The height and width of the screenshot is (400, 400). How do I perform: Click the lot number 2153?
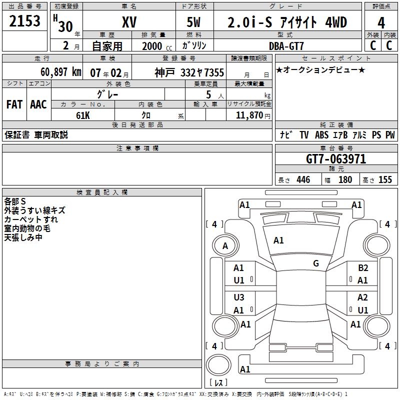25,22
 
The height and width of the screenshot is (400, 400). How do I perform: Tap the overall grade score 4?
381,22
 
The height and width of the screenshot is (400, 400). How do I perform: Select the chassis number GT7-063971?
336,159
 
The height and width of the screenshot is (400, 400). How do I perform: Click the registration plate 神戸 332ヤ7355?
189,72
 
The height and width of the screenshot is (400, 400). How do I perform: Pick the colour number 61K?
82,115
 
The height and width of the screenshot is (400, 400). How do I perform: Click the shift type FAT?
14,104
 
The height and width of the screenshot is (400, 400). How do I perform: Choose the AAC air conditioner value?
38,104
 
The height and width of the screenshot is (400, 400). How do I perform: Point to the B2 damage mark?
363,268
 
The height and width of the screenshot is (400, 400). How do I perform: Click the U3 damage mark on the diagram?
239,297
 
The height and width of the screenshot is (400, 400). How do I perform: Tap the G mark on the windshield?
316,263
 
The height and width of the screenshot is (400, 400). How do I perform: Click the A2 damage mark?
363,297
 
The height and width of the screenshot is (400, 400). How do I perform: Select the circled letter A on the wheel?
225,245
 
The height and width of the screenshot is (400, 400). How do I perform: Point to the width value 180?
345,179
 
